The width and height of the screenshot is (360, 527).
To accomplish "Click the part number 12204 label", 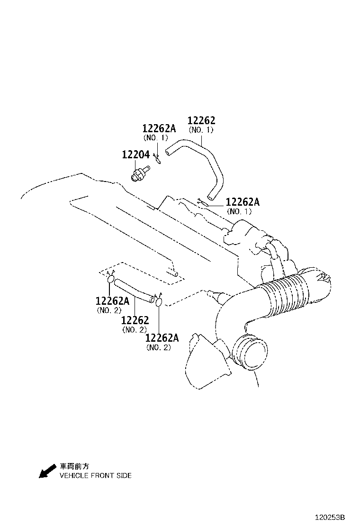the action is click(135, 154).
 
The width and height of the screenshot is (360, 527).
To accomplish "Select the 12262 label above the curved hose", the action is click(201, 120).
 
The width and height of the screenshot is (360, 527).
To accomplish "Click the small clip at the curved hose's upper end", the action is click(157, 158).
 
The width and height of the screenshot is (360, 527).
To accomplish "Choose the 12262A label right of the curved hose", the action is click(243, 202).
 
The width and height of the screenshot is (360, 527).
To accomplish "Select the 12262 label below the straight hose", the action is click(135, 320).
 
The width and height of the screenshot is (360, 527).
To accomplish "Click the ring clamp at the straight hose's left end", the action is click(110, 279).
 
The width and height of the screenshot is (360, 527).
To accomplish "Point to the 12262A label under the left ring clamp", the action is click(113, 301).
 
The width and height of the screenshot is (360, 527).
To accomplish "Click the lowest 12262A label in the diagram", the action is click(162, 338).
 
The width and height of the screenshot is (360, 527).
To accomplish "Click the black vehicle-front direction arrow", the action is click(48, 471).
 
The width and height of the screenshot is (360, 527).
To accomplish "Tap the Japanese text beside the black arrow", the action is click(74, 466).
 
